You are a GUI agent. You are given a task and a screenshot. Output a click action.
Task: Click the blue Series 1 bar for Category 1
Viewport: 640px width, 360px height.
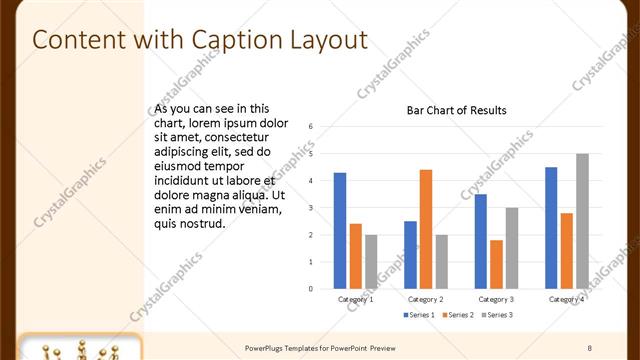pos(340,231)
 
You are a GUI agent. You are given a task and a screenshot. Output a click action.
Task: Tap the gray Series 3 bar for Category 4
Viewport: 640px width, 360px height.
pos(582,221)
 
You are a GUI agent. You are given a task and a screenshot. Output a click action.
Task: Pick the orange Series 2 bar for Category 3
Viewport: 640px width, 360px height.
pos(497,264)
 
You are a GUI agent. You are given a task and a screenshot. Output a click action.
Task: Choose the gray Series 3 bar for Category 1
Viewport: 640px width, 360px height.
pos(371,262)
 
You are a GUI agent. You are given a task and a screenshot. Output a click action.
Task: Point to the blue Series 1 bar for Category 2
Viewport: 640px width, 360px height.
pos(410,255)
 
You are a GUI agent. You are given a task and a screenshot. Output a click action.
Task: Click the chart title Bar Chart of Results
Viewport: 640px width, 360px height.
pos(456,110)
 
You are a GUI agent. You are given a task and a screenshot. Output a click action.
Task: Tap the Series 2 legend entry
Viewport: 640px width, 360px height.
pos(458,315)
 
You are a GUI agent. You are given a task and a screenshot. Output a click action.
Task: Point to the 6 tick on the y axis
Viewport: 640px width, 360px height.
pos(311,127)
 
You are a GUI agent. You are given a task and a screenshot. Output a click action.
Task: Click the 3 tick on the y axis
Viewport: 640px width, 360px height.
pos(311,208)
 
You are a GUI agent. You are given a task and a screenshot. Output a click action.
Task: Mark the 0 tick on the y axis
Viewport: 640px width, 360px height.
pos(311,289)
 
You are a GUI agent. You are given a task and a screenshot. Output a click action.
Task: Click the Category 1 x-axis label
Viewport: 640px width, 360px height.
pos(356,299)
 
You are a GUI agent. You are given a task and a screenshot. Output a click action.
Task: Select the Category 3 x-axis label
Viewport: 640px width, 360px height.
pos(497,299)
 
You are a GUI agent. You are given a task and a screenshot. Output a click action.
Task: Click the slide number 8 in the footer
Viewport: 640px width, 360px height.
pos(589,347)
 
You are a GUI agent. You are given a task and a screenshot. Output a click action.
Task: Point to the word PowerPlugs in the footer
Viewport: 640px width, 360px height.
pos(267,347)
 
